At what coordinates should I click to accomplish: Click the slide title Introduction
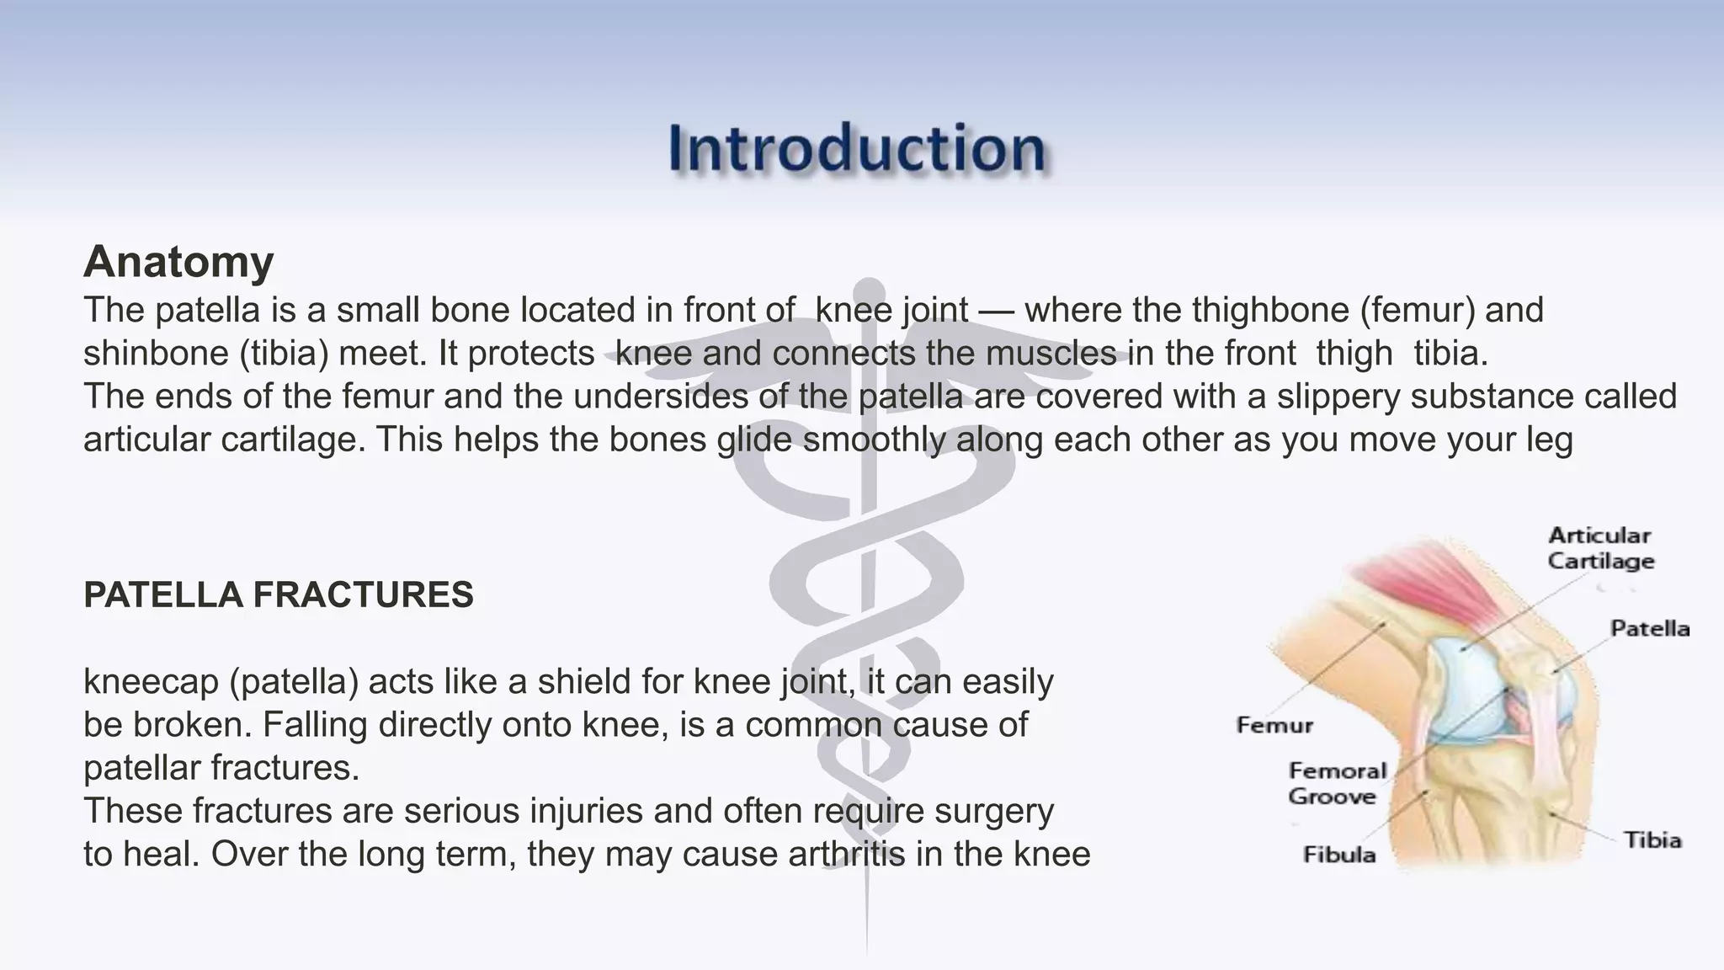point(856,149)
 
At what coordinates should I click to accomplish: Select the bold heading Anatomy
point(178,261)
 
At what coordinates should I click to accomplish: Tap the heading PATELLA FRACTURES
point(279,595)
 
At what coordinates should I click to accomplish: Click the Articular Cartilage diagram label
point(1600,548)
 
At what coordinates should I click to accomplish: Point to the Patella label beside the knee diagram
point(1649,629)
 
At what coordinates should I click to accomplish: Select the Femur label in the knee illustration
point(1274,725)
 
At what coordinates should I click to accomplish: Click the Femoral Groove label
point(1336,783)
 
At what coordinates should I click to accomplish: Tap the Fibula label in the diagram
point(1338,855)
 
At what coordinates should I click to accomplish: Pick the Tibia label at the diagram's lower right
point(1652,840)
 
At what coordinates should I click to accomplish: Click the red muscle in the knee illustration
point(1423,582)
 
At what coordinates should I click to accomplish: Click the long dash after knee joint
point(996,311)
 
